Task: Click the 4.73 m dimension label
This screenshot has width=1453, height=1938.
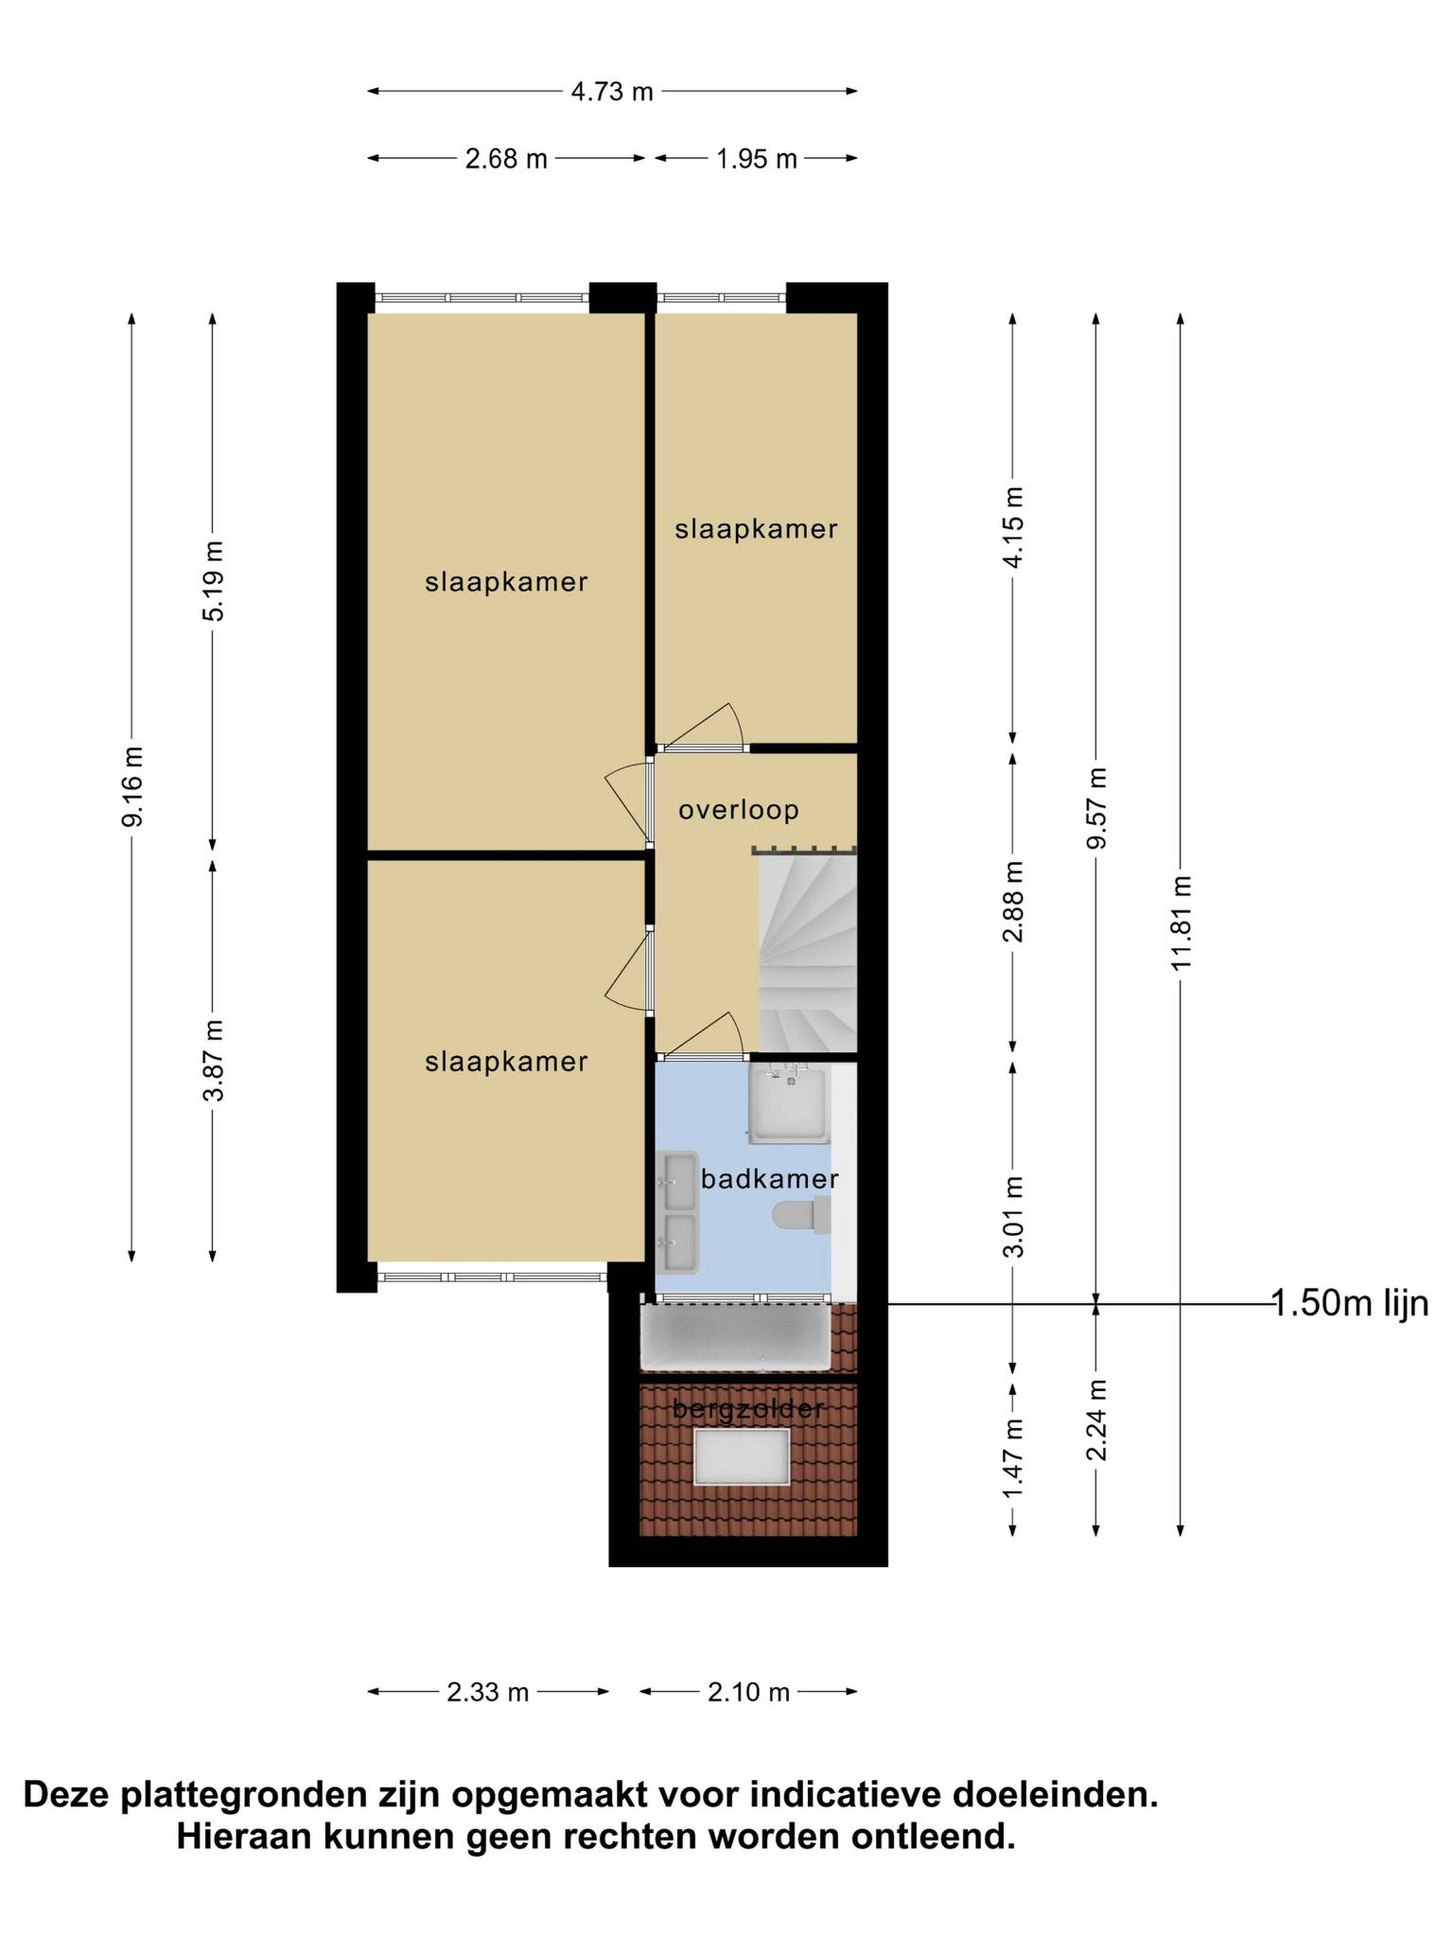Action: pyautogui.click(x=612, y=91)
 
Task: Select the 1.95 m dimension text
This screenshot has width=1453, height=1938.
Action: pyautogui.click(x=757, y=159)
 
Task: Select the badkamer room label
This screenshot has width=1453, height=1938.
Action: pyautogui.click(x=769, y=1178)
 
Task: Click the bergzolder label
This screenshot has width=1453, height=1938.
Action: pyautogui.click(x=748, y=1409)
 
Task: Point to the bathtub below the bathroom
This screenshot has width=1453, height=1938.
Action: pyautogui.click(x=736, y=1338)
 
